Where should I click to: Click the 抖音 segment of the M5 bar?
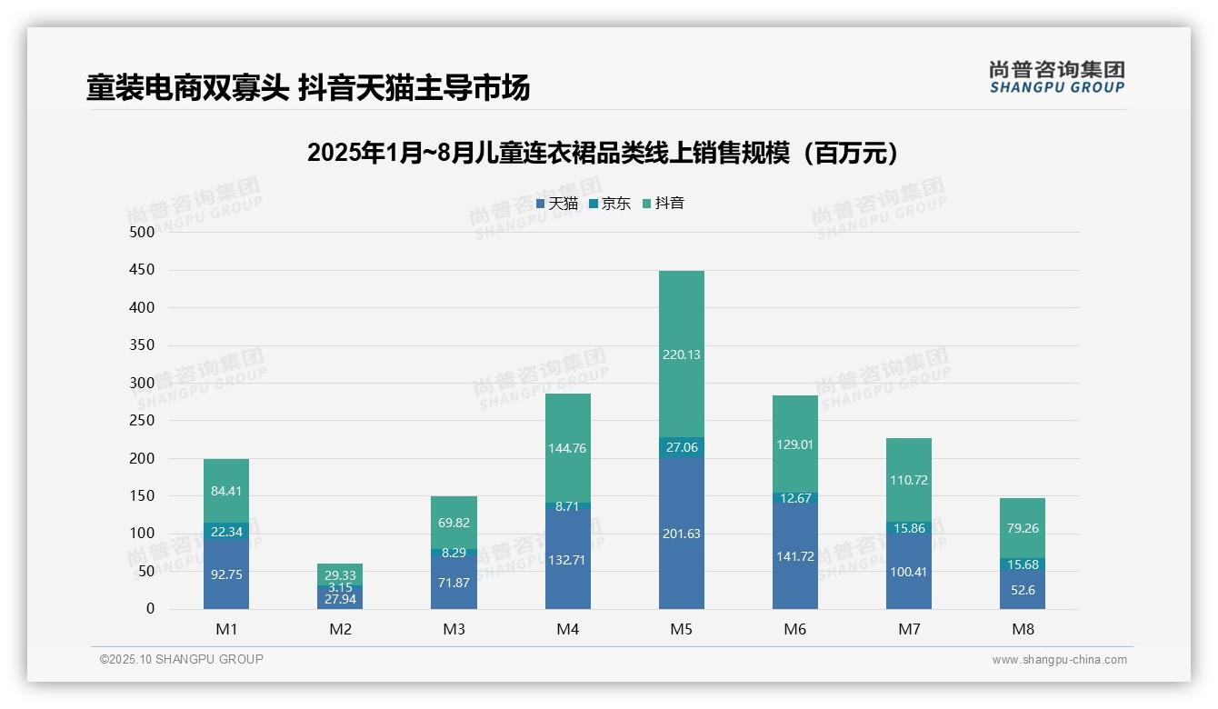click(681, 354)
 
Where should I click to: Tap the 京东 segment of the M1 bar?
click(226, 532)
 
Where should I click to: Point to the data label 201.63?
click(681, 534)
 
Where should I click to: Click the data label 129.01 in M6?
click(794, 444)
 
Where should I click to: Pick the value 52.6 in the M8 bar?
click(1023, 590)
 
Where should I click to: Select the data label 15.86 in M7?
click(908, 527)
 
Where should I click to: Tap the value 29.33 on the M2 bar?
click(340, 575)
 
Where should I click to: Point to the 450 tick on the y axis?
click(143, 270)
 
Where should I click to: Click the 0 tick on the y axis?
click(150, 609)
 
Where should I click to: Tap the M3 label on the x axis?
click(454, 629)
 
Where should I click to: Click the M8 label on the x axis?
click(1023, 629)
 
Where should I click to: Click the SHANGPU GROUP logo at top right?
click(1056, 77)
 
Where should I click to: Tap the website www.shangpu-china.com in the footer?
click(1059, 660)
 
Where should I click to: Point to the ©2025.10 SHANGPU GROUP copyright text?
click(182, 659)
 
